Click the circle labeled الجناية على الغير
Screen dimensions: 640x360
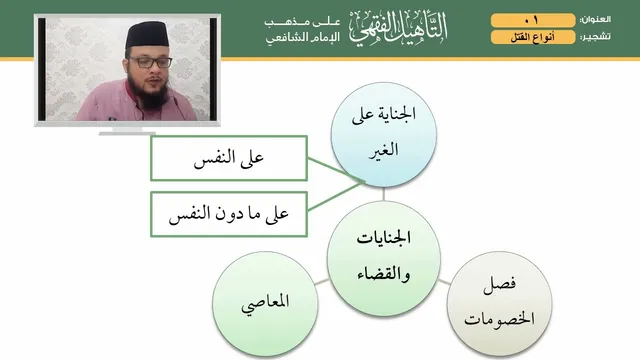(x=383, y=135)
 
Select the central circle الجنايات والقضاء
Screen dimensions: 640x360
(x=383, y=258)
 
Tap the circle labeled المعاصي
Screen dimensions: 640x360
(x=265, y=304)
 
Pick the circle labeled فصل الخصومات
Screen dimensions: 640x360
(x=500, y=304)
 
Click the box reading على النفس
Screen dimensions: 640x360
(x=229, y=158)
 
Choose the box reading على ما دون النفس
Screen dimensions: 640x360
(x=229, y=214)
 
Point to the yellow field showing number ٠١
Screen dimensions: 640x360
(x=533, y=20)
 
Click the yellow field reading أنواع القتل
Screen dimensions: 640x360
(x=533, y=37)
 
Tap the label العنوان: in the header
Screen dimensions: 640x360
(x=595, y=20)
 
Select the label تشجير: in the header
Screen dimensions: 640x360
(x=596, y=37)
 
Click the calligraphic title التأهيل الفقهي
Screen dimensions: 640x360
(x=398, y=28)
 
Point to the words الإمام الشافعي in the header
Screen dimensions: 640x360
(x=303, y=38)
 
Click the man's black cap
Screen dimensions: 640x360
(x=147, y=34)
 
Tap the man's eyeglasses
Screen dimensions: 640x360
(x=150, y=62)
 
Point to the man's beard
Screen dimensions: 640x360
(x=149, y=92)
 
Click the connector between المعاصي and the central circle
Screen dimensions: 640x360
(x=322, y=282)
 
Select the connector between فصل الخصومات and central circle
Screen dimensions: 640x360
(x=444, y=282)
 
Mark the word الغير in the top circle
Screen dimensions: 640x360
(x=383, y=150)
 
